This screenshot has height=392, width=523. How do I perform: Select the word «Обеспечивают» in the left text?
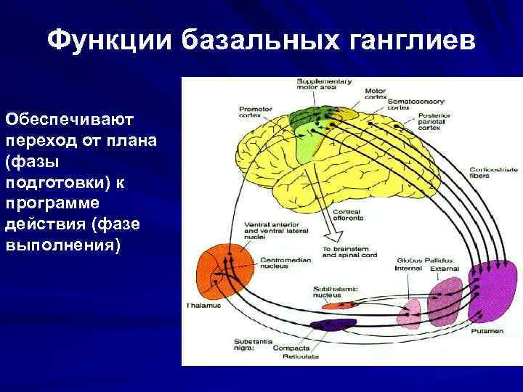[x=55, y=118]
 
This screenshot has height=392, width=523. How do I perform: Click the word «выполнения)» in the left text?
[x=61, y=245]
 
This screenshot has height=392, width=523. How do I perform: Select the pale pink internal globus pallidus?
[x=411, y=311]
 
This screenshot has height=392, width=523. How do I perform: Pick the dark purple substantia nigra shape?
[x=333, y=326]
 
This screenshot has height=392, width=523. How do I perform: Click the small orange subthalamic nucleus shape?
[x=336, y=306]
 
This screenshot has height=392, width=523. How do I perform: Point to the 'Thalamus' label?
[x=202, y=305]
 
